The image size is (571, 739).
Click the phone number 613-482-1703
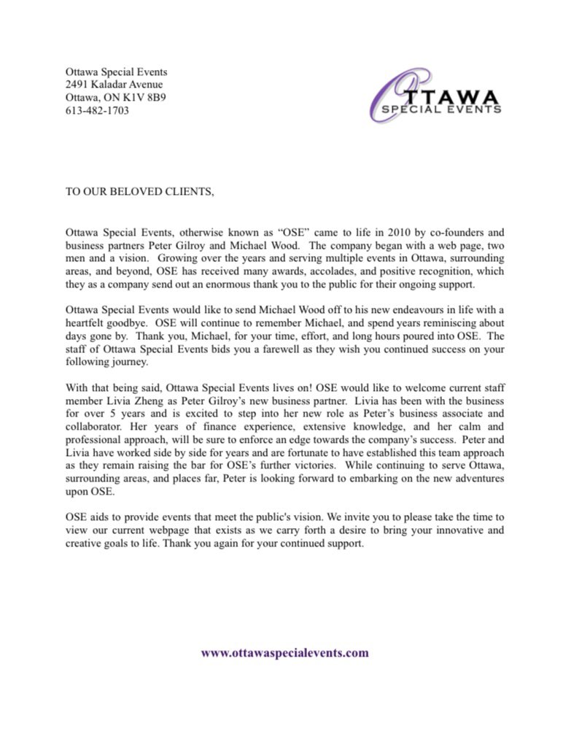[x=97, y=111]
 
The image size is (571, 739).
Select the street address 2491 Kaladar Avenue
[x=114, y=85]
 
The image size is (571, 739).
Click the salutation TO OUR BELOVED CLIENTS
[x=140, y=192]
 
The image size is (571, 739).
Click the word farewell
[x=301, y=350]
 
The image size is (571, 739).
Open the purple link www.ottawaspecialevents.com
[x=284, y=653]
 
